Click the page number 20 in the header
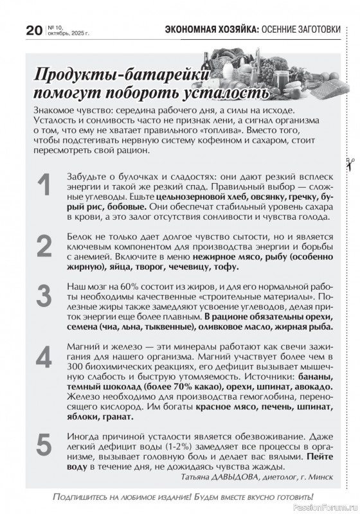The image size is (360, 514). click(33, 30)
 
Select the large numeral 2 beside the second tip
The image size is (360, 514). click(44, 246)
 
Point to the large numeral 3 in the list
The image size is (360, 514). click(44, 296)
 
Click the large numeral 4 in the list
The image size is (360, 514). click(44, 355)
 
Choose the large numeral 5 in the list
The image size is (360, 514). click(44, 445)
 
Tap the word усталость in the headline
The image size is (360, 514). click(225, 93)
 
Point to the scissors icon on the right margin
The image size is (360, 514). click(346, 162)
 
